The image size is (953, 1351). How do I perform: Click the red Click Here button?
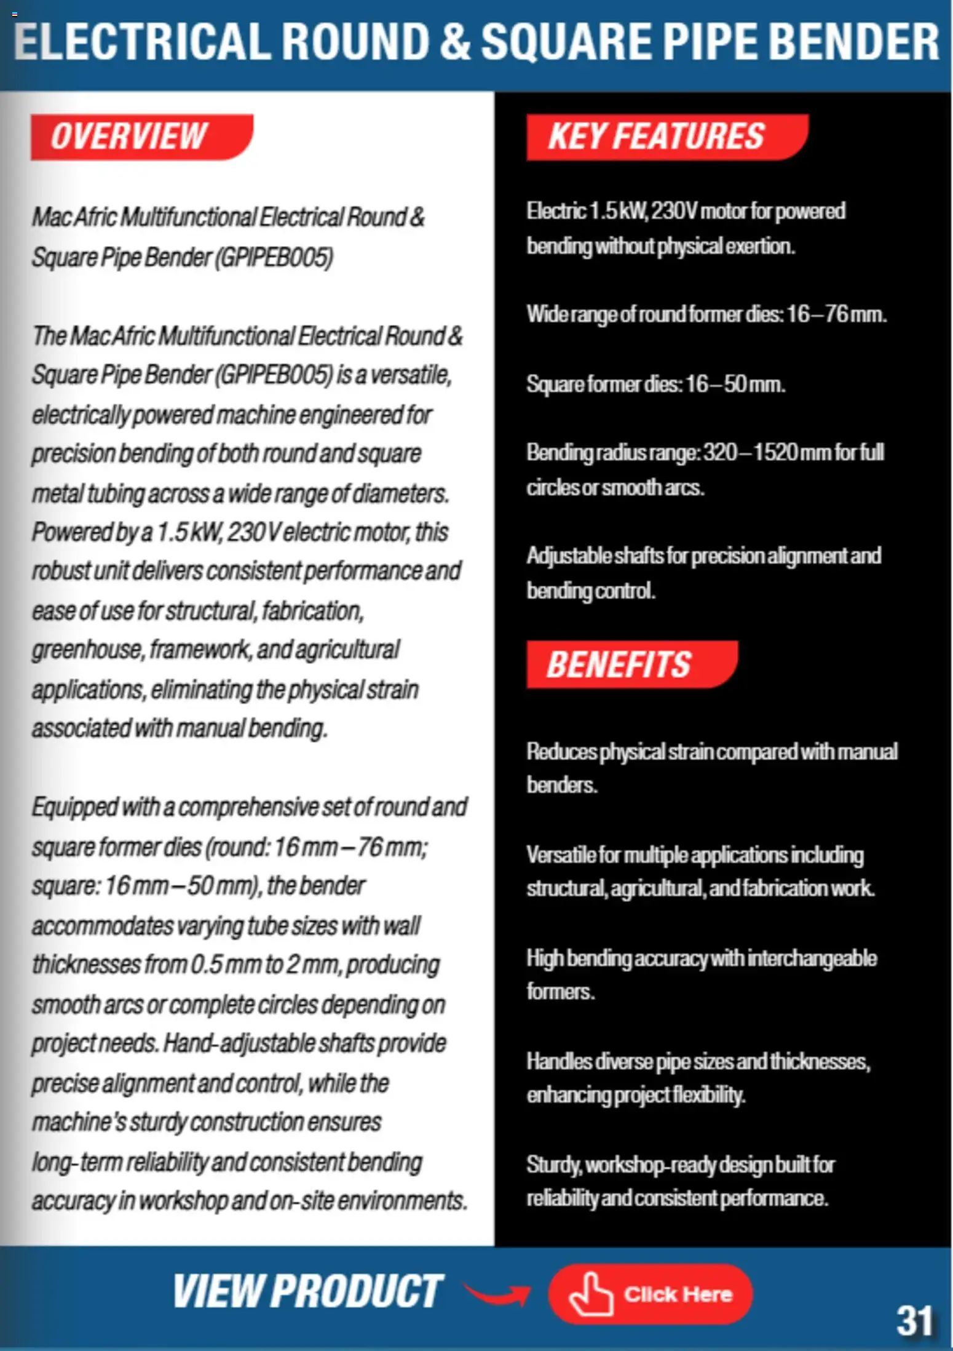650,1294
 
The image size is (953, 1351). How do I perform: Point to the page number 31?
914,1320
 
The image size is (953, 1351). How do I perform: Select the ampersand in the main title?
455,42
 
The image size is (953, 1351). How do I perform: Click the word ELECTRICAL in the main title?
141,42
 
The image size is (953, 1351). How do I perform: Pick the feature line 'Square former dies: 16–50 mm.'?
655,385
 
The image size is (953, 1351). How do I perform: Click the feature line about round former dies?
706,314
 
